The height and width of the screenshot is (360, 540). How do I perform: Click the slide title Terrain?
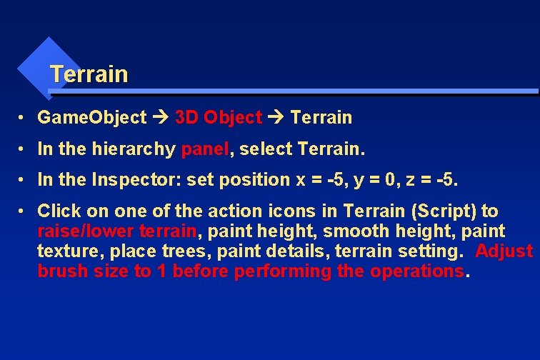[x=89, y=74]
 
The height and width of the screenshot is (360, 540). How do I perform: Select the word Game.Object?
[x=91, y=118]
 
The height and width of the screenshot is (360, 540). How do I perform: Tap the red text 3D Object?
[x=219, y=118]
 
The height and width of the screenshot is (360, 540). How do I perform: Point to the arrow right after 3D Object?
[x=276, y=118]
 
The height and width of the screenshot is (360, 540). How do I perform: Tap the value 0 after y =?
[x=384, y=180]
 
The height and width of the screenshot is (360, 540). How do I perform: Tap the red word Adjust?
[x=504, y=251]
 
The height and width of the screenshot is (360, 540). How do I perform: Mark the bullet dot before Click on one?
[x=24, y=211]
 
